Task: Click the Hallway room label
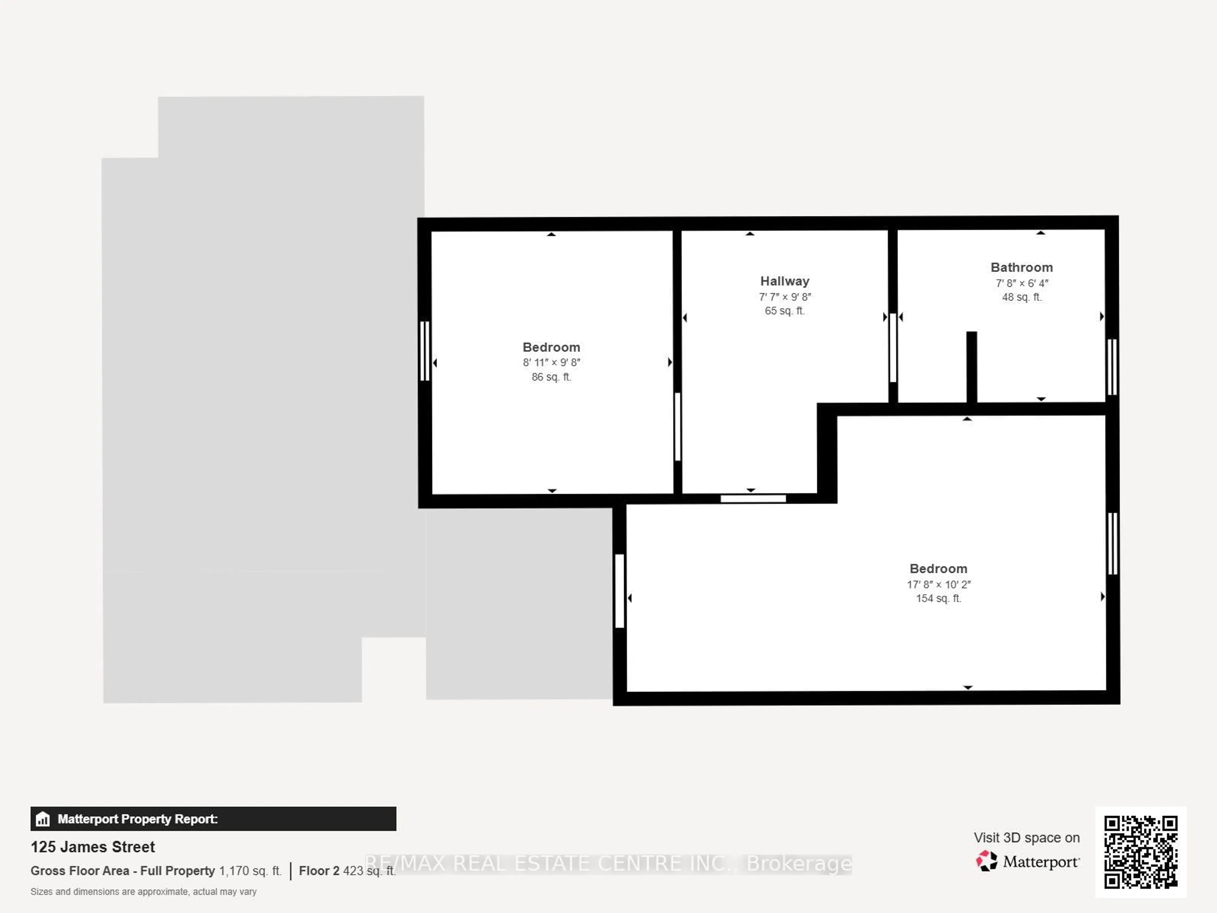pyautogui.click(x=785, y=281)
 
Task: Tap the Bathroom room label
pyautogui.click(x=1022, y=268)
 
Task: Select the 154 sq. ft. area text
pyautogui.click(x=938, y=598)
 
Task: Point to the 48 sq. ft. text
pyautogui.click(x=1022, y=297)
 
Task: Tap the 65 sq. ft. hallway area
pyautogui.click(x=785, y=311)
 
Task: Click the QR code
pyautogui.click(x=1141, y=852)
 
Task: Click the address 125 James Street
pyautogui.click(x=93, y=847)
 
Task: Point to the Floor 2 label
pyautogui.click(x=319, y=871)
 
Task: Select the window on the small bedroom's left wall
pyautogui.click(x=424, y=351)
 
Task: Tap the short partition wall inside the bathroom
pyautogui.click(x=972, y=366)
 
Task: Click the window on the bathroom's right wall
pyautogui.click(x=1112, y=366)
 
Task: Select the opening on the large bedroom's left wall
pyautogui.click(x=620, y=591)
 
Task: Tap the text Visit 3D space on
pyautogui.click(x=1026, y=838)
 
